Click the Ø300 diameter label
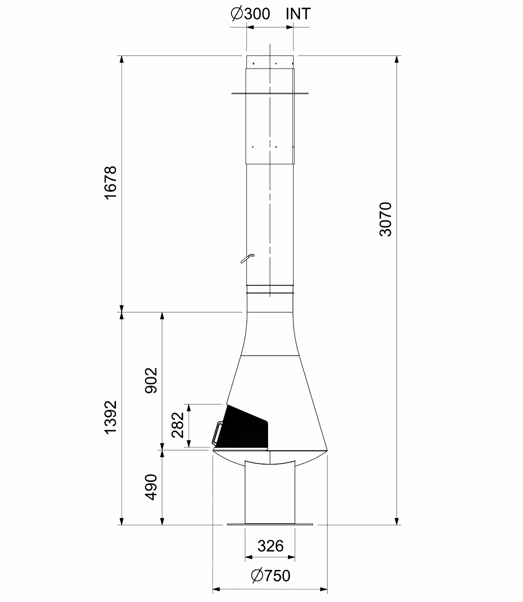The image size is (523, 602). click(x=250, y=14)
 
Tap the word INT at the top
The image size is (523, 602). click(x=298, y=14)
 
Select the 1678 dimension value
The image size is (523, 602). click(x=110, y=183)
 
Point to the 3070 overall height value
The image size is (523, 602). click(x=385, y=219)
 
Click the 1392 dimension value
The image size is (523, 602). click(x=110, y=418)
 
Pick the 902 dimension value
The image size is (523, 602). click(x=151, y=380)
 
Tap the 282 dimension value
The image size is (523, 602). click(x=178, y=425)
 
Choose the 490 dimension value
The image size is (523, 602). click(x=151, y=487)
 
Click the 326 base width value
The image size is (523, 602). click(x=271, y=546)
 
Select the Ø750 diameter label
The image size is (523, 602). click(x=271, y=576)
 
